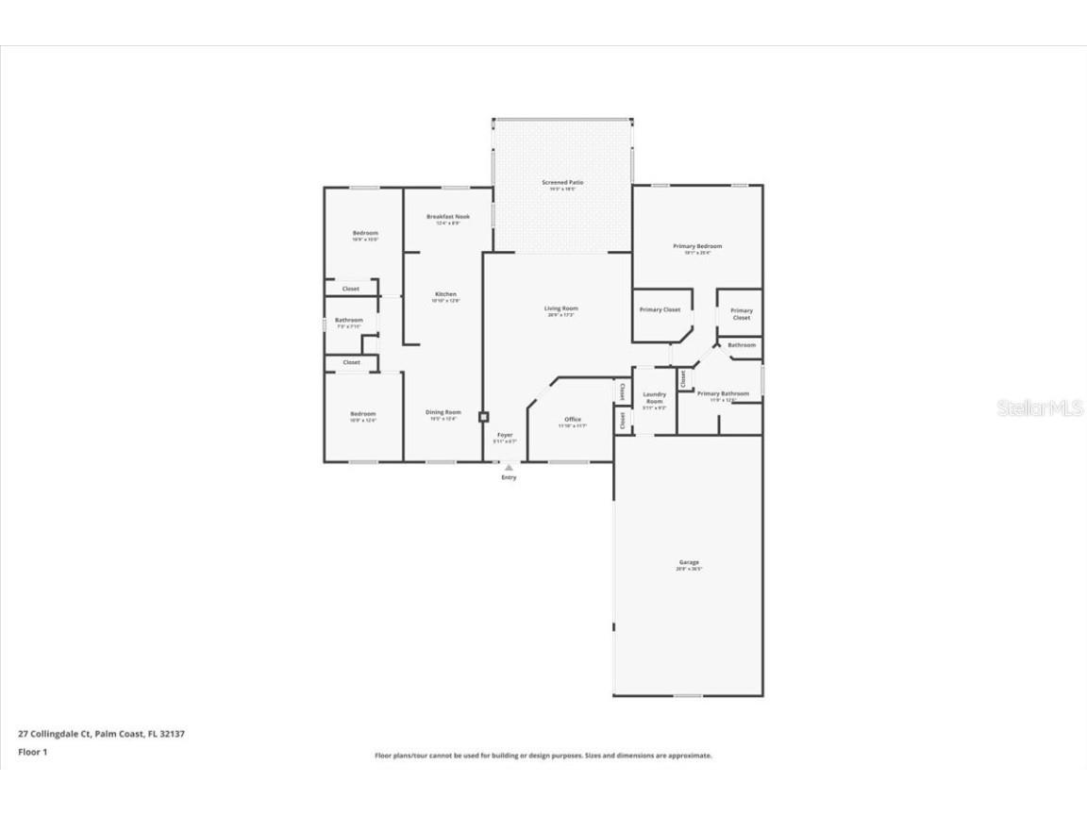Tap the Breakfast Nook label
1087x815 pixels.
pos(448,217)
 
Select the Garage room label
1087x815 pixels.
pos(688,563)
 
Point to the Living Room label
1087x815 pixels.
pos(561,308)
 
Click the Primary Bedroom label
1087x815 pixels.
pos(697,247)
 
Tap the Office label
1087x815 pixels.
pos(572,420)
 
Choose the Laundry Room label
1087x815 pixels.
pos(654,398)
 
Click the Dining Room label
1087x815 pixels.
pos(443,412)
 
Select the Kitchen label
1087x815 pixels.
pos(444,294)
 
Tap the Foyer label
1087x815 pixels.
pos(505,435)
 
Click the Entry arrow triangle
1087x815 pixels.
pos(509,466)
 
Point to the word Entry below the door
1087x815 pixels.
pos(509,477)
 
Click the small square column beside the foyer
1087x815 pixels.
pos(483,416)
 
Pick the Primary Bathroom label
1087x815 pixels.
pos(724,393)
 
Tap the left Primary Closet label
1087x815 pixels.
pos(660,309)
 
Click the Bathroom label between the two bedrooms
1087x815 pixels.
pos(348,321)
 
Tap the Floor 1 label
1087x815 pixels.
pos(32,752)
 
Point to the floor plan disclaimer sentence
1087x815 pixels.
pos(543,756)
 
